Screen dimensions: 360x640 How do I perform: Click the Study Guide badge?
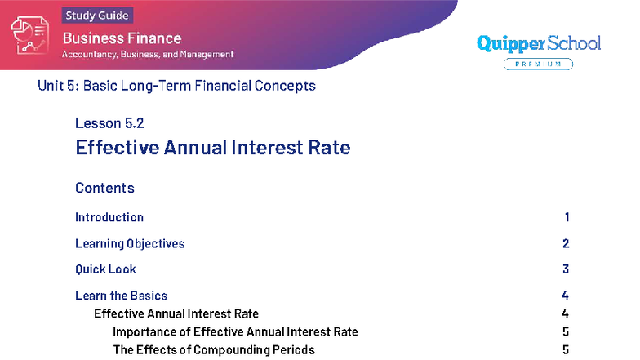click(96, 15)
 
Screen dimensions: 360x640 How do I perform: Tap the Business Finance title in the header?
click(122, 38)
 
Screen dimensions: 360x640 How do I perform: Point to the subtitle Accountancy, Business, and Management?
click(148, 54)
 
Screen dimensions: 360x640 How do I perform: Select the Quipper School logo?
click(538, 43)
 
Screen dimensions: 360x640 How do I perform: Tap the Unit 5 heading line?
click(176, 86)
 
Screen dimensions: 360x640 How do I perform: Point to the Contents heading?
click(104, 189)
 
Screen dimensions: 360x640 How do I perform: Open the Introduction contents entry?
click(109, 217)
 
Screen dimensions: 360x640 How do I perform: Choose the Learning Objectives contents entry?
click(130, 243)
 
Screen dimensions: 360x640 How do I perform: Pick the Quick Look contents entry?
click(105, 269)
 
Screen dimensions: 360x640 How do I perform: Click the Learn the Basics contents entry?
click(121, 296)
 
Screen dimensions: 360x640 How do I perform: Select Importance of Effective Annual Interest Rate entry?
click(235, 331)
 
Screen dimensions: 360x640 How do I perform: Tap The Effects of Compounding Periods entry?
click(213, 350)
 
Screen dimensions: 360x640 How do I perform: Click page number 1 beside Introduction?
click(567, 217)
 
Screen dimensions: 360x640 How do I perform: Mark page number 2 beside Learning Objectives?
click(566, 243)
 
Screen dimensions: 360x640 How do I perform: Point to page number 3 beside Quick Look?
click(566, 269)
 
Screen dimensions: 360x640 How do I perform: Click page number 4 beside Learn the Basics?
click(566, 296)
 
